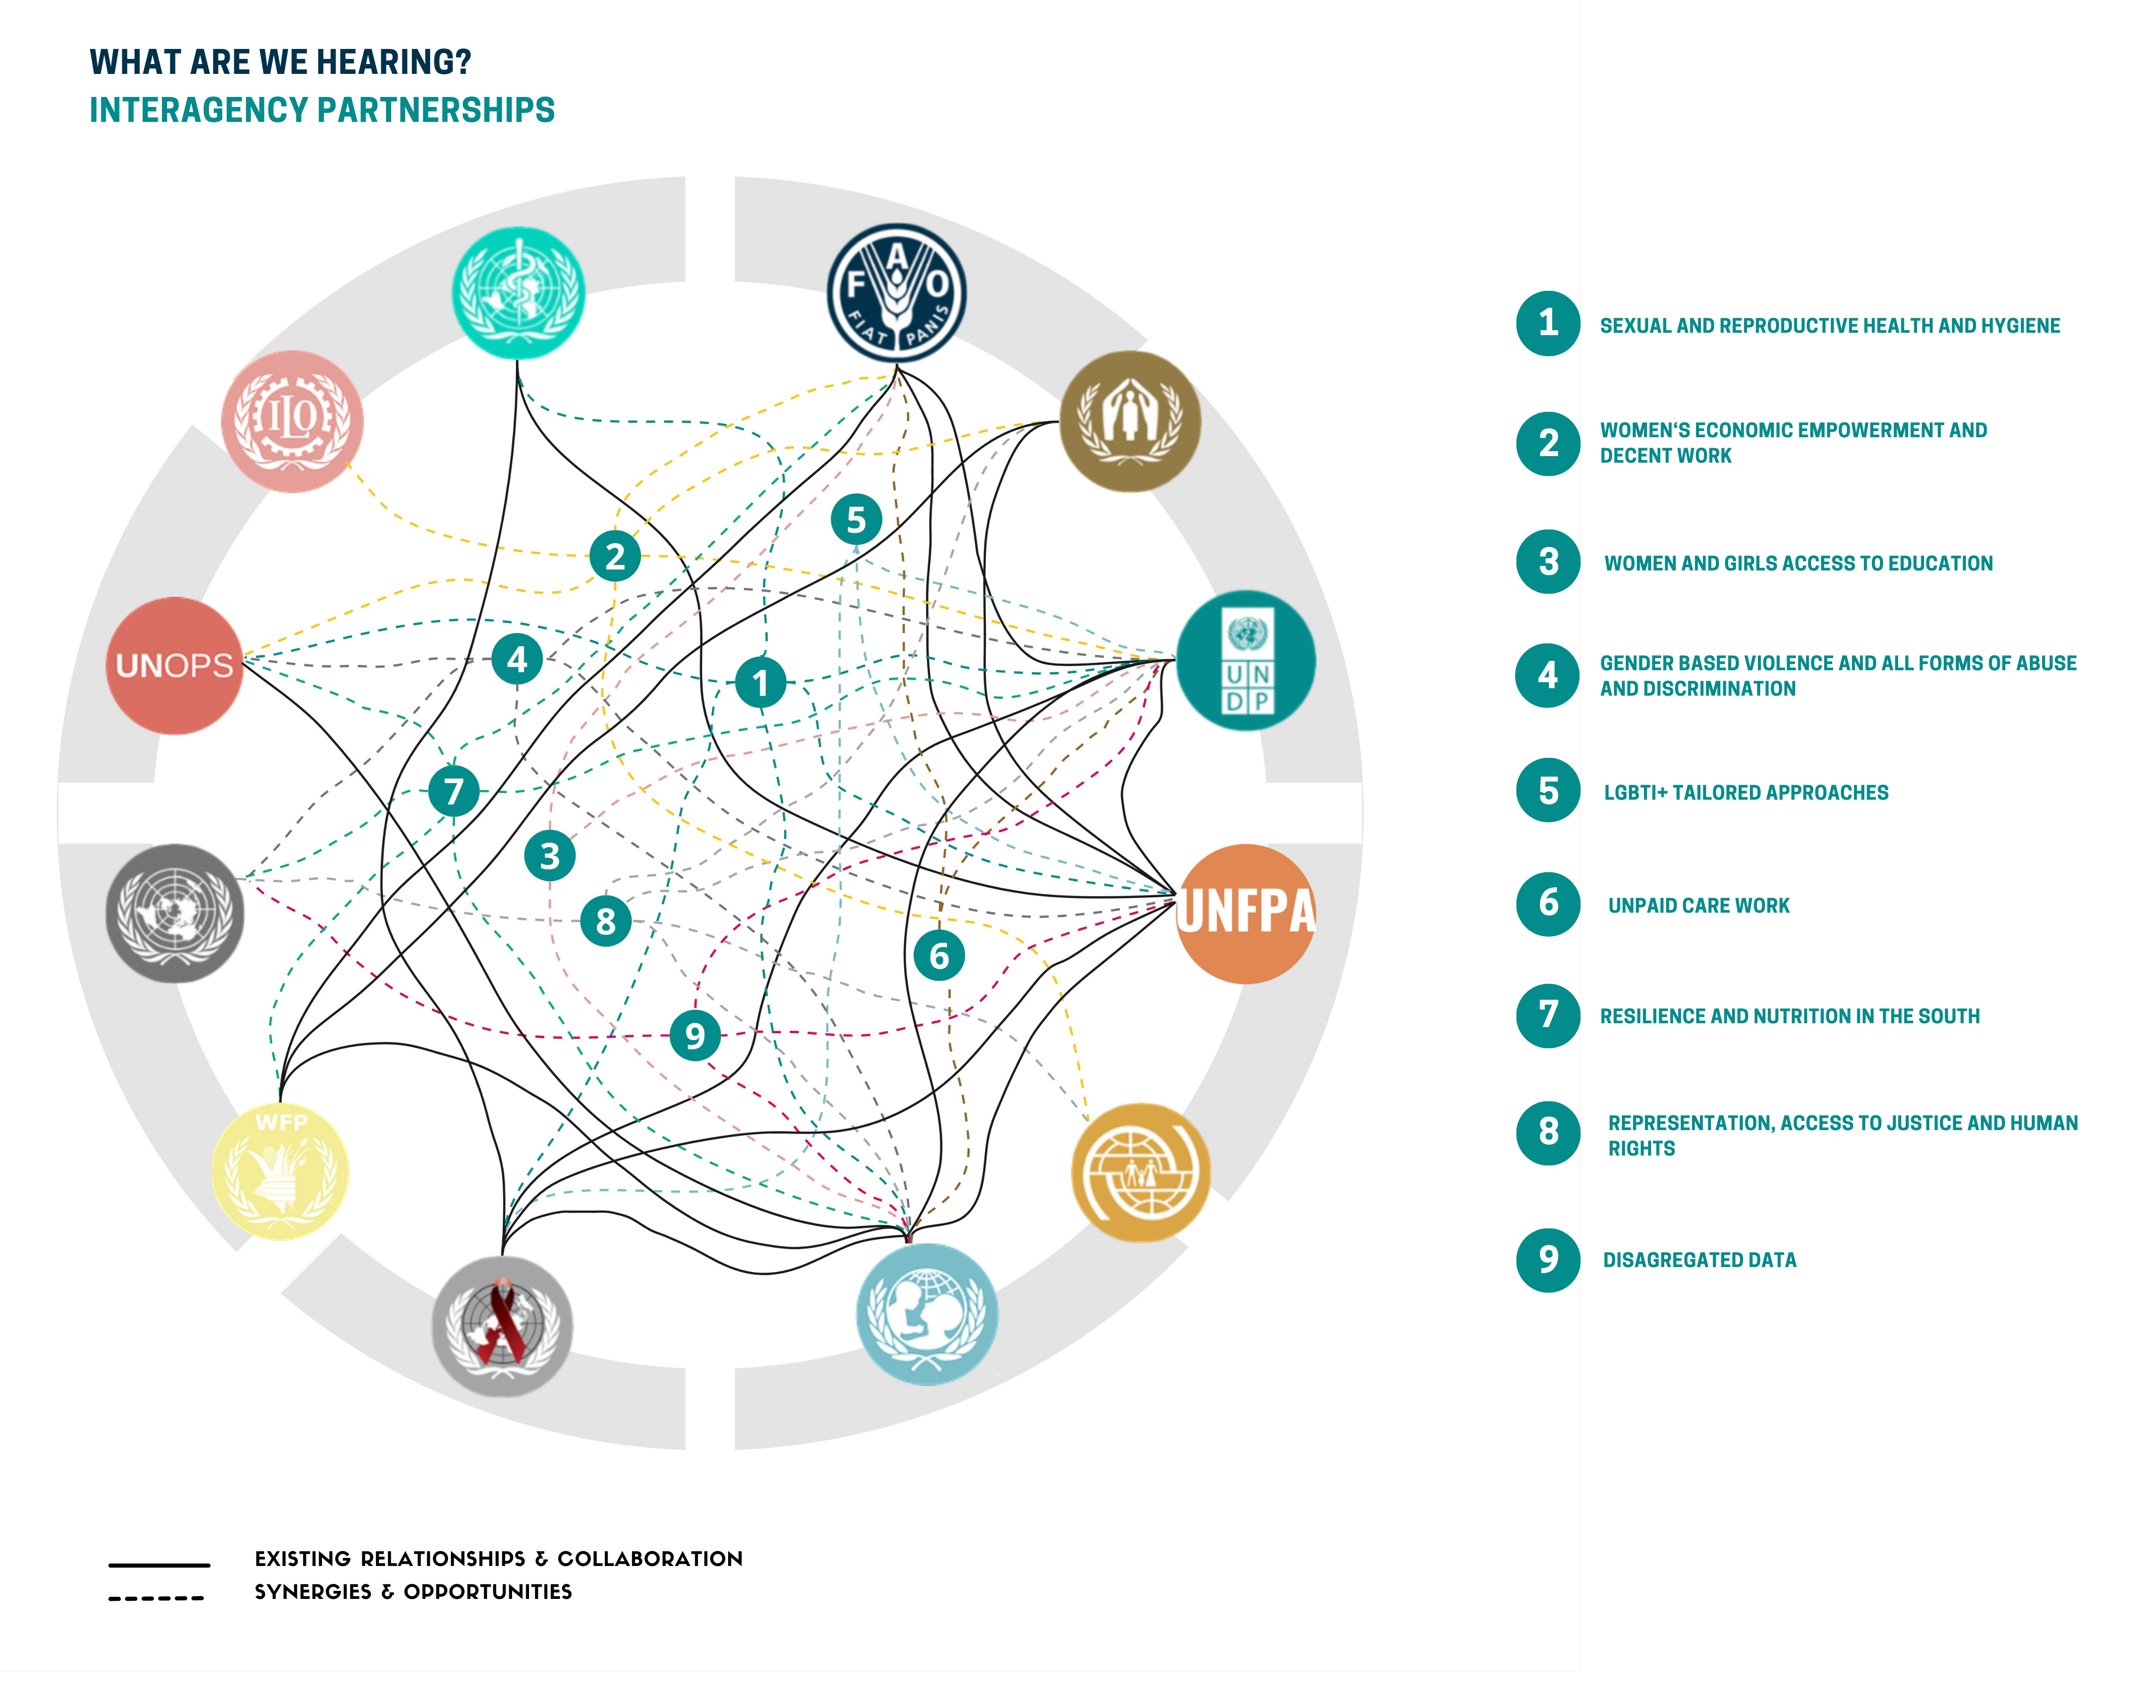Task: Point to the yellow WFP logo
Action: (x=281, y=1170)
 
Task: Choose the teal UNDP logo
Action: (x=1245, y=660)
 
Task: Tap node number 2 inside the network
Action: (x=615, y=555)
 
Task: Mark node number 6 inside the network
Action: (x=938, y=955)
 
